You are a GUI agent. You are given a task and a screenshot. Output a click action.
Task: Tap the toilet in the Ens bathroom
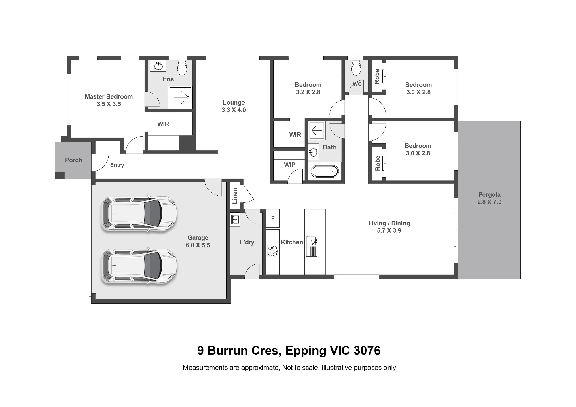(182, 67)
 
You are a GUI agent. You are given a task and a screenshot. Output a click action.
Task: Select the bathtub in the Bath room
(325, 172)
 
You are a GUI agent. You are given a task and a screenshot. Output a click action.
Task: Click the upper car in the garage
(139, 213)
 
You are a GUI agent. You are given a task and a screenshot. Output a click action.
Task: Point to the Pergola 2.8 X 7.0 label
(489, 198)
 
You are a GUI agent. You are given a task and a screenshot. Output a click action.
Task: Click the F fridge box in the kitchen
(272, 218)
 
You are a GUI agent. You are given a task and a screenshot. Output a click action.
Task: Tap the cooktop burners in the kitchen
(272, 251)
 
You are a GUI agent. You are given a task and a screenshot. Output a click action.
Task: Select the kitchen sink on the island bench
(311, 246)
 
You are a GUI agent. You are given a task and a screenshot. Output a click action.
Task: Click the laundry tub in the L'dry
(235, 219)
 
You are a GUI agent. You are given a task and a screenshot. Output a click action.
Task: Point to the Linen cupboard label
(235, 196)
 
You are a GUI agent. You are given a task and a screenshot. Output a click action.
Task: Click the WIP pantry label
(289, 165)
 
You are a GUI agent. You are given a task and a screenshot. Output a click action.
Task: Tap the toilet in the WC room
(356, 68)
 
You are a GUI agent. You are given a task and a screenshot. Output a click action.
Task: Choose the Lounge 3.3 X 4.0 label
(234, 106)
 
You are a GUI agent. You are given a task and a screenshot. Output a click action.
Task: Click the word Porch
(73, 160)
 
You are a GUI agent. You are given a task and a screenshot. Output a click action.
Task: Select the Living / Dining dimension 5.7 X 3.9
(389, 230)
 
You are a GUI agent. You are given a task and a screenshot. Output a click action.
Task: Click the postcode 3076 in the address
(367, 351)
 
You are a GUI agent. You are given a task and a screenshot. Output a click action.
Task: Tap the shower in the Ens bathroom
(180, 97)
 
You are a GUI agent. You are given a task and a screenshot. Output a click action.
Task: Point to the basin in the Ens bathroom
(158, 66)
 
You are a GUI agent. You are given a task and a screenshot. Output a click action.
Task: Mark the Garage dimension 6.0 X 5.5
(198, 245)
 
